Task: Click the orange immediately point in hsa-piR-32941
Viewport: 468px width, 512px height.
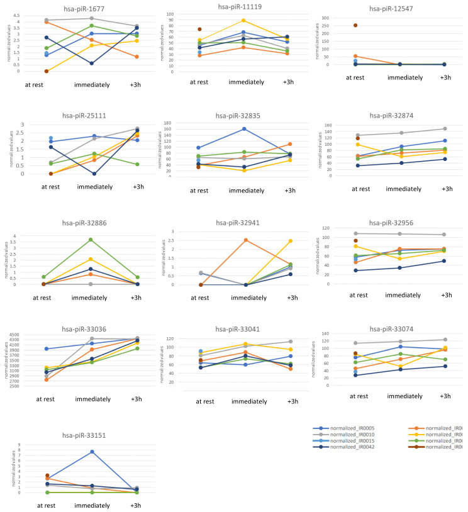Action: (245, 240)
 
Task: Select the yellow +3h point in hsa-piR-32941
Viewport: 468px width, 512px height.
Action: (291, 241)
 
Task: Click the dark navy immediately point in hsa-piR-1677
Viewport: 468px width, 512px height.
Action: (92, 64)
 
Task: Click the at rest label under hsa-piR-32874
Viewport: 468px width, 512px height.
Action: (360, 188)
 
